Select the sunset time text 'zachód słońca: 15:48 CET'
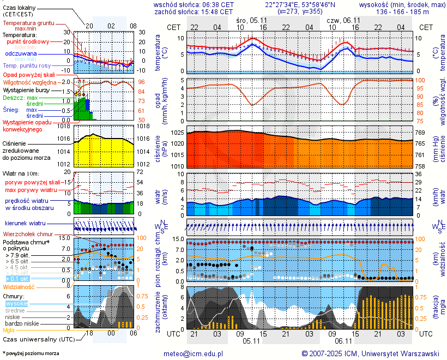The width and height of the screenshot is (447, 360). tap(194, 11)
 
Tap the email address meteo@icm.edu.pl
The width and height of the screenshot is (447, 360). tap(194, 353)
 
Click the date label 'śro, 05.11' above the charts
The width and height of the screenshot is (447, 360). tap(252, 20)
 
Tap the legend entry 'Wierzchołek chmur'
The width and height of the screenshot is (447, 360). tap(27, 234)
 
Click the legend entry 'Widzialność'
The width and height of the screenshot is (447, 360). tap(19, 286)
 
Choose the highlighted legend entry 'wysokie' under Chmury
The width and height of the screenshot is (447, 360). tap(16, 303)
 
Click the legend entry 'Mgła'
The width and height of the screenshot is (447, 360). tap(9, 330)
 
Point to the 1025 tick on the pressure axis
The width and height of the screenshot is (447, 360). tap(177, 133)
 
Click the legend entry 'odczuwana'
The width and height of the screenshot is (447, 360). tap(21, 54)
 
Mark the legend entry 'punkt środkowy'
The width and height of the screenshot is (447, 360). tap(28, 41)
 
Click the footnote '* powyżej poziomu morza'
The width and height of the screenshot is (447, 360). tap(31, 353)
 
